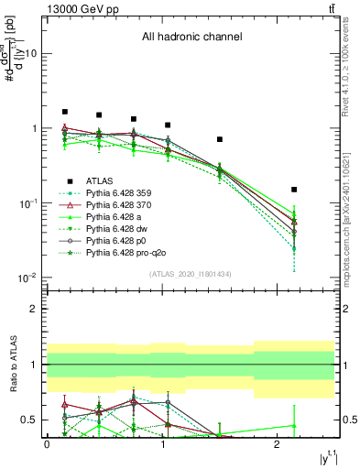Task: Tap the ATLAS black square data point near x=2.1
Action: [x=294, y=190]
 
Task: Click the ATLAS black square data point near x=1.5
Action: [x=220, y=139]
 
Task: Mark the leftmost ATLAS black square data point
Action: [x=64, y=112]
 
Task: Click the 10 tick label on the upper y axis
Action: [x=32, y=53]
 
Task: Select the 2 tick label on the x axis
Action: [x=278, y=443]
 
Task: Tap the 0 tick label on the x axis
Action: [x=47, y=443]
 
